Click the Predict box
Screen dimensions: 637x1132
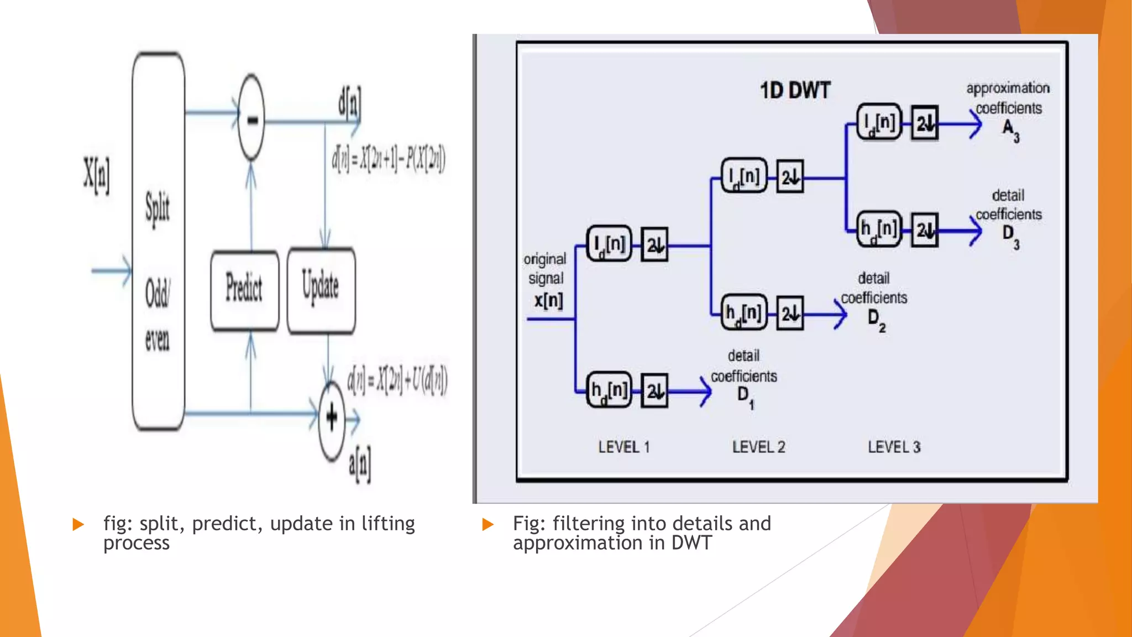tap(244, 290)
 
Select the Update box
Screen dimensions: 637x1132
tap(321, 290)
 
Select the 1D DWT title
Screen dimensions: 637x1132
tap(795, 91)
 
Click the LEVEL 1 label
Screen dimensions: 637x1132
tap(623, 447)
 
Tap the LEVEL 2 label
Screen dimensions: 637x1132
tap(758, 447)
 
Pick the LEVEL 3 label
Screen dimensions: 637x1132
tap(894, 447)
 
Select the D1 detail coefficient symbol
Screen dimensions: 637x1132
tap(745, 396)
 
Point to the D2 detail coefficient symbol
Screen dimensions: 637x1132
tap(876, 320)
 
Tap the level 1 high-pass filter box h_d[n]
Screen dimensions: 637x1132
tap(609, 390)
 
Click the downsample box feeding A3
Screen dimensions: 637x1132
tap(925, 123)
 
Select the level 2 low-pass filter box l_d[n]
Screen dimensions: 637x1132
tap(744, 176)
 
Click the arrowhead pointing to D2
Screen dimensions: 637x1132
tap(840, 315)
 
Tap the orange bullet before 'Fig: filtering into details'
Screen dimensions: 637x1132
tap(488, 524)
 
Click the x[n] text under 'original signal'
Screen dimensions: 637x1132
tap(548, 301)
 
